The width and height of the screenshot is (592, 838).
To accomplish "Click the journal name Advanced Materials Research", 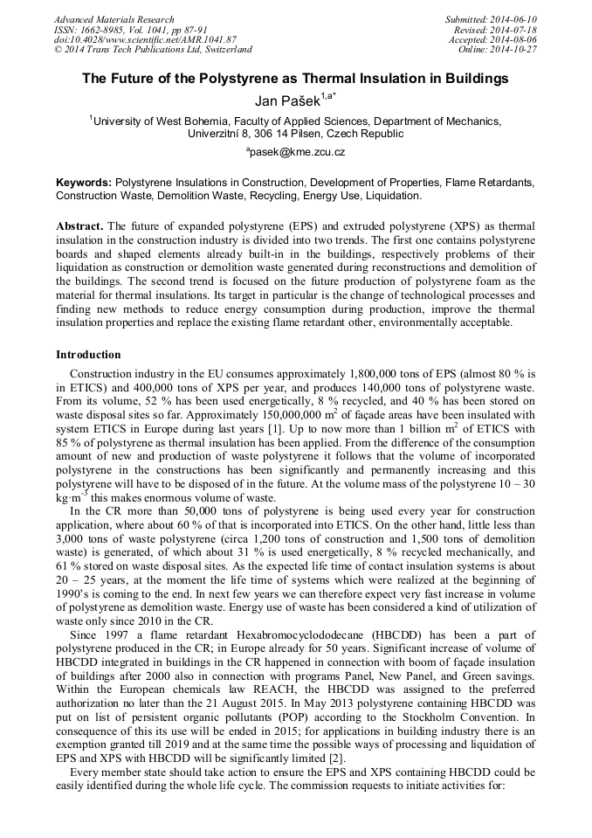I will [x=114, y=19].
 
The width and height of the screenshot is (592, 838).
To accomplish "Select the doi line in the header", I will [x=145, y=39].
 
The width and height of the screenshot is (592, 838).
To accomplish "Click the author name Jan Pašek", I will [x=280, y=99].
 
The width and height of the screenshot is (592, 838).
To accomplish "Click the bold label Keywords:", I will [x=84, y=183].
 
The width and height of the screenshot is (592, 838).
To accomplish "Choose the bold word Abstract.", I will [x=79, y=225].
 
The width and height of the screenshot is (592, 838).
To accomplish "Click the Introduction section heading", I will [x=88, y=355].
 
